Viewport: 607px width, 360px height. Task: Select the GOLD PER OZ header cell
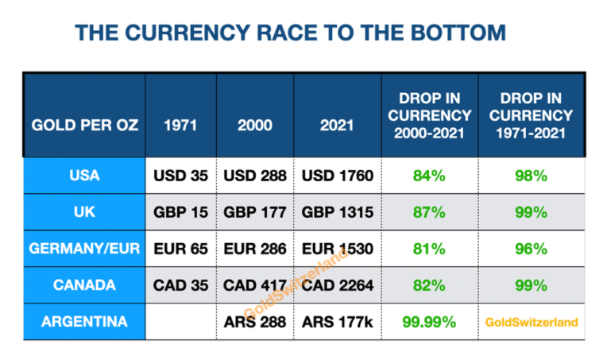click(84, 126)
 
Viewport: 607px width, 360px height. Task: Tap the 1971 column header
click(180, 126)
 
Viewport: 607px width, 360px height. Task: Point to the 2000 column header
click(255, 126)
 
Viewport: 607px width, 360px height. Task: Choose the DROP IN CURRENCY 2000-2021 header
click(429, 115)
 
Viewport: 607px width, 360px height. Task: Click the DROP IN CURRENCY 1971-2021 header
click(531, 115)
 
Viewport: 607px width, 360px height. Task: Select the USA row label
click(84, 176)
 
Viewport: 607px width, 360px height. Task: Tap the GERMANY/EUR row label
click(84, 249)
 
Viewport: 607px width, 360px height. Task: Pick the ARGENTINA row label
click(84, 322)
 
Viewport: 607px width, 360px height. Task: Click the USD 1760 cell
click(338, 176)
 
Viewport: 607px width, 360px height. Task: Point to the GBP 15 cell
click(180, 212)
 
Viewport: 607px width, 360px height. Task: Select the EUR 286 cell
click(255, 249)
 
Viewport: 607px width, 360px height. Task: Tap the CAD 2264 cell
click(338, 285)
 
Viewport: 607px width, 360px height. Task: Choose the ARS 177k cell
click(338, 322)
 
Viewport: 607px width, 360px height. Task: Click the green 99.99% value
click(429, 322)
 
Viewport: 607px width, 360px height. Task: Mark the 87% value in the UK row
click(429, 212)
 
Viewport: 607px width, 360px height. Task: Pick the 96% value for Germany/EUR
click(531, 249)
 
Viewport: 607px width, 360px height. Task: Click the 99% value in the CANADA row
click(531, 285)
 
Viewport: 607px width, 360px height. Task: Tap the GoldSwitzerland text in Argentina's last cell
click(531, 323)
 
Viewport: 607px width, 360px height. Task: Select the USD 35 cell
click(180, 176)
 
